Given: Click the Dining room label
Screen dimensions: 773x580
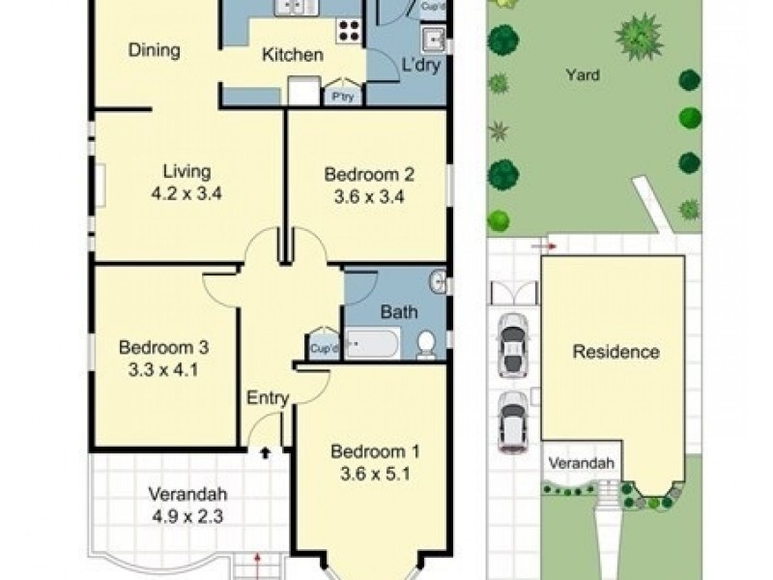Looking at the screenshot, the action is pos(154,50).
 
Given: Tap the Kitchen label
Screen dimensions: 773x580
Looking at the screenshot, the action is pos(293,54).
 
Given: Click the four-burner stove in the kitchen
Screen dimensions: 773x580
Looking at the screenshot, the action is pos(349,31).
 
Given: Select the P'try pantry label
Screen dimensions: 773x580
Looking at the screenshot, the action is pos(343,96).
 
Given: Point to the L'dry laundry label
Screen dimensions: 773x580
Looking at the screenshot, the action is pos(421,65).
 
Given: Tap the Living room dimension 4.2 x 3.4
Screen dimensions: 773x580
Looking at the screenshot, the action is pos(186,193).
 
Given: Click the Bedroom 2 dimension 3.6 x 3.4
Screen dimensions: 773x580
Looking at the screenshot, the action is pos(369,197).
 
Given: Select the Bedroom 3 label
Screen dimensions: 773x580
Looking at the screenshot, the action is pos(163,347).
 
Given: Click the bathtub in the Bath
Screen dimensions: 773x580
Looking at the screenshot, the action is pos(372,343).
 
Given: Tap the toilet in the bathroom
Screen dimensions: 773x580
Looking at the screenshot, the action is pos(426,344).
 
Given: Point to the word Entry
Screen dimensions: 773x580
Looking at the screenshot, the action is pos(268,397).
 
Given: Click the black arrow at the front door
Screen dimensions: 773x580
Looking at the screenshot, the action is pos(265,452).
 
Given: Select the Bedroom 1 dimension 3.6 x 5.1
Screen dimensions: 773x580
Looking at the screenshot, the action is pos(375,474).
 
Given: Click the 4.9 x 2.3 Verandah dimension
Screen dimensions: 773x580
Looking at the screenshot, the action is pos(187,516).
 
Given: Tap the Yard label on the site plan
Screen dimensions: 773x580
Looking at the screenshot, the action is pos(583,75).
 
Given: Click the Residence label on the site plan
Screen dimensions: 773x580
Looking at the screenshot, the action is pos(616,352).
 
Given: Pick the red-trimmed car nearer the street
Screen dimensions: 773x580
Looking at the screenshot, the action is pos(513,421).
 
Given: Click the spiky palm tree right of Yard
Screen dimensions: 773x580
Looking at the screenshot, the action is pos(640,36).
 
